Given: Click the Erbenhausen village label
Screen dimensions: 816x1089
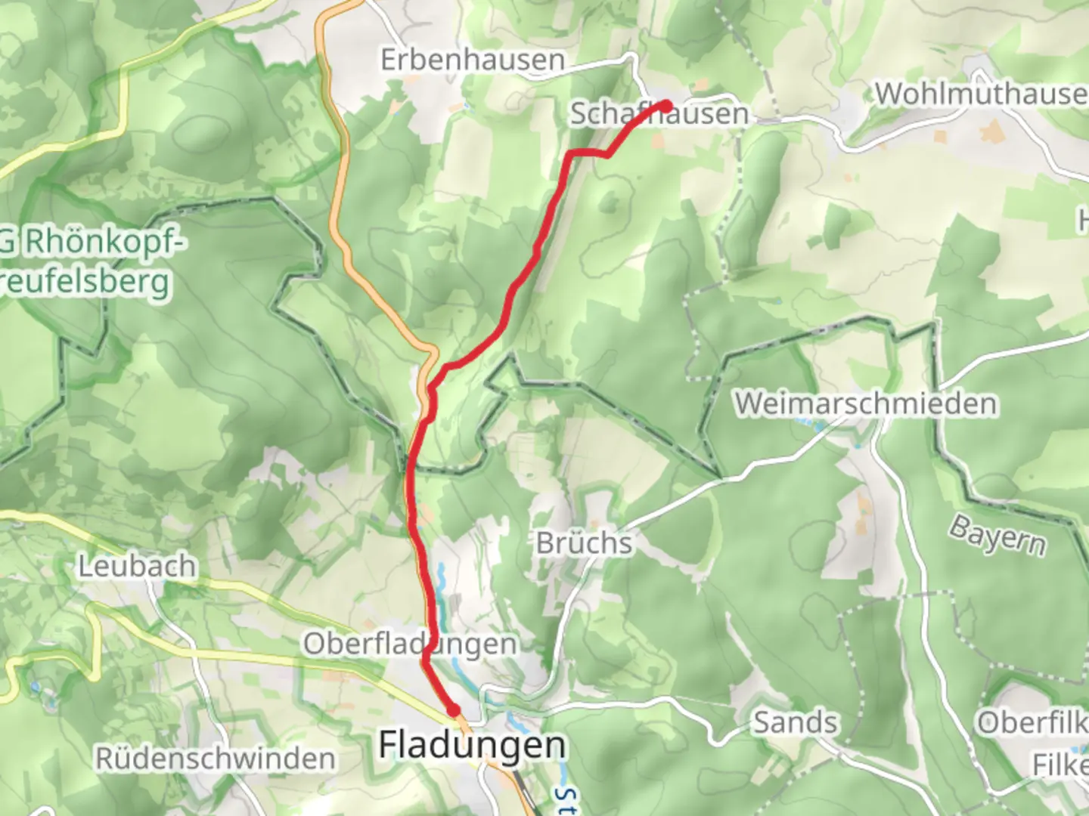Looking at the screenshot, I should coord(473,60).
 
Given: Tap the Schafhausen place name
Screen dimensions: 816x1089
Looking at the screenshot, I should coord(659,115).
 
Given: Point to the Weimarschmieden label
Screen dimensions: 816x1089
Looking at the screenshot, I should coord(866,403).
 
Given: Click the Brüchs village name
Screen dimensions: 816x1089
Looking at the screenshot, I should coord(584,542).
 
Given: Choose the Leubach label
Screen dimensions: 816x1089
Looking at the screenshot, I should coord(137,566).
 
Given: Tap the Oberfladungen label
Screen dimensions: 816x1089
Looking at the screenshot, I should coord(411,644).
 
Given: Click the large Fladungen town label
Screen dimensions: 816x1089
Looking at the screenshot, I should coord(472,745).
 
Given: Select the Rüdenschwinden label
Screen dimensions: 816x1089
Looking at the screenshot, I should coord(216,759).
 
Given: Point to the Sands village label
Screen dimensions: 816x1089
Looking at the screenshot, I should coord(795,722).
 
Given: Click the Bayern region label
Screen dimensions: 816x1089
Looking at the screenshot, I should coord(998,534).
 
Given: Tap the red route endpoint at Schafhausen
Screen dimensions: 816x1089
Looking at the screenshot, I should coord(665,105).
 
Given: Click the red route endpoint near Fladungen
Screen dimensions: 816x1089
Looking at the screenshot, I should coord(453,709).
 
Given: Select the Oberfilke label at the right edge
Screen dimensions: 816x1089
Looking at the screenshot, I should coord(1032,722).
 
